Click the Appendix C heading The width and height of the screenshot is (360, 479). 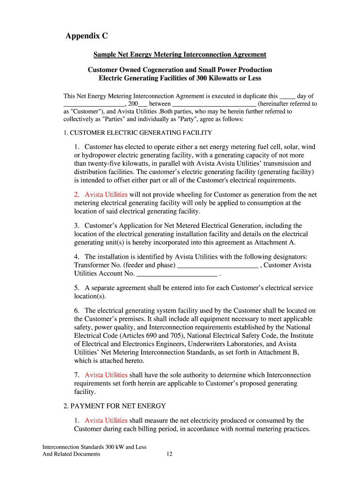pyautogui.click(x=86, y=36)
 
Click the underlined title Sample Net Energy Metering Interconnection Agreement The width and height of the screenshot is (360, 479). pyautogui.click(x=180, y=55)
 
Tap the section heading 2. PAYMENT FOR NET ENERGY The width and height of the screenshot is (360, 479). pyautogui.click(x=115, y=406)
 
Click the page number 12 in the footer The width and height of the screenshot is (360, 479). pyautogui.click(x=170, y=454)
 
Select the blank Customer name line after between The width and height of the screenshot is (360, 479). pyautogui.click(x=214, y=104)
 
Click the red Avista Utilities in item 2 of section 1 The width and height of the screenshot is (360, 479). pyautogui.click(x=106, y=195)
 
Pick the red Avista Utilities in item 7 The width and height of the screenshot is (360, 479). pyautogui.click(x=106, y=375)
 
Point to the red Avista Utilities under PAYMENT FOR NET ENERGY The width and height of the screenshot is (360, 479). pyautogui.click(x=106, y=421)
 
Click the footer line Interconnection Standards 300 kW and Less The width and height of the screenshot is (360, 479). pyautogui.click(x=94, y=447)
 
